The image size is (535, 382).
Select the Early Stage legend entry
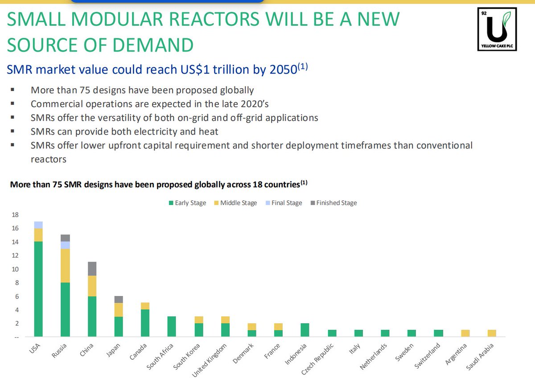tap(187, 203)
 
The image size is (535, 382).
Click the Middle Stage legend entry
tap(236, 203)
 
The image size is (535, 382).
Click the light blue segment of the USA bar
tap(38, 225)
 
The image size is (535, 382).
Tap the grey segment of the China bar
tap(92, 269)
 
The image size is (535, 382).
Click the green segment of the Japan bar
tap(118, 326)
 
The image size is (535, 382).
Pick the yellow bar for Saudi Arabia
tap(491, 333)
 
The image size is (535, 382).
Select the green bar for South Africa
tap(172, 326)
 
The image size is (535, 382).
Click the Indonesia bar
tap(305, 330)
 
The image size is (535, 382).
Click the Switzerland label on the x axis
tap(428, 356)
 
